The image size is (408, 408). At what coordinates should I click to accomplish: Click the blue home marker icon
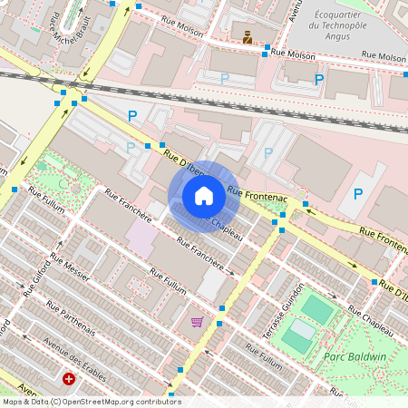pyautogui.click(x=204, y=196)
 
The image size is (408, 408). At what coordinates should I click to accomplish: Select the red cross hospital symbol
pyautogui.click(x=69, y=379)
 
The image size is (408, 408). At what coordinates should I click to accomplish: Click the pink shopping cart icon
pyautogui.click(x=197, y=322)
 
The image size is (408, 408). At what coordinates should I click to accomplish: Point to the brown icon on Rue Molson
pyautogui.click(x=248, y=37)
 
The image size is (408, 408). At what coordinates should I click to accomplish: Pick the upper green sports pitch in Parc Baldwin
pyautogui.click(x=317, y=308)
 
